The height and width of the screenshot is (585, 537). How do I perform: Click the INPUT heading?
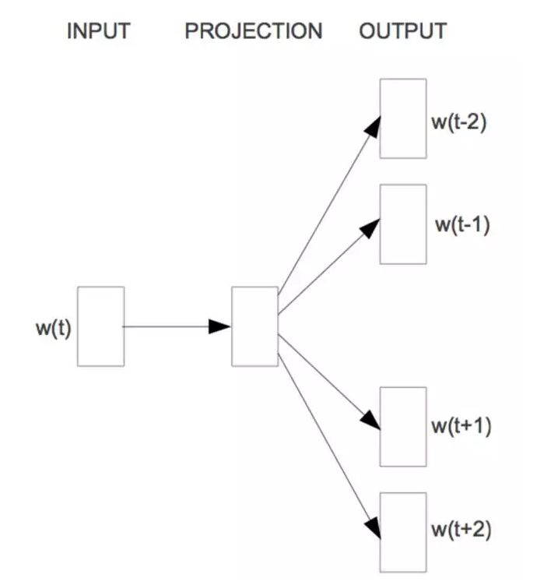(98, 32)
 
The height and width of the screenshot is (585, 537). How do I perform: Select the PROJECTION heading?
(254, 32)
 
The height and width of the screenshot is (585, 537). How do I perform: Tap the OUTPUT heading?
(403, 32)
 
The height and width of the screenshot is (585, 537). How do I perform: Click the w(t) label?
(53, 328)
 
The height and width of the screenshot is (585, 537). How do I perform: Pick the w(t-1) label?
(462, 225)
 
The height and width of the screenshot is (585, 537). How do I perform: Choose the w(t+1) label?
(461, 428)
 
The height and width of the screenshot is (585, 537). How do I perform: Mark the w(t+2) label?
(461, 530)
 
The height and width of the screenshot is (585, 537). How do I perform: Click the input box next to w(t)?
(100, 326)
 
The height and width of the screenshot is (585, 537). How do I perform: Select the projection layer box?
(254, 326)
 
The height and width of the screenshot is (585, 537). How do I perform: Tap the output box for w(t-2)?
(403, 118)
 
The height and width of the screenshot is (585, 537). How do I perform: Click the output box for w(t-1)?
(403, 224)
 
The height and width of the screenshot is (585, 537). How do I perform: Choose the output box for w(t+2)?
(403, 532)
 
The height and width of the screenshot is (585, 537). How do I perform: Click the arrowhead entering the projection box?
(221, 326)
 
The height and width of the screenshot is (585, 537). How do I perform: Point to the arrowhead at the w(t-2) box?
(374, 127)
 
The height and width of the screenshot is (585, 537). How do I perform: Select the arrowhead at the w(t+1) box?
(372, 421)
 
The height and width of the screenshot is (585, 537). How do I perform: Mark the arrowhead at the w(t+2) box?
(374, 527)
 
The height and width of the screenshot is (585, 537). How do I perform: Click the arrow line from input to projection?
(167, 326)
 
